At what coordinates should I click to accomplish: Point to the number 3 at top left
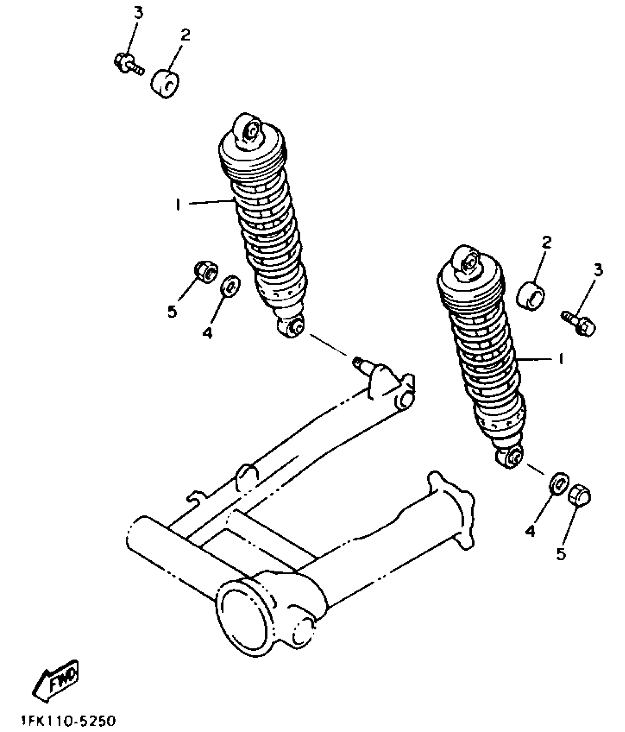pos(138,13)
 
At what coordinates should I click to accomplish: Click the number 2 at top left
pos(185,35)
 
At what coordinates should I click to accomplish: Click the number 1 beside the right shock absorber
pos(560,358)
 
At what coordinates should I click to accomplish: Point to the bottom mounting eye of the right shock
pos(511,457)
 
